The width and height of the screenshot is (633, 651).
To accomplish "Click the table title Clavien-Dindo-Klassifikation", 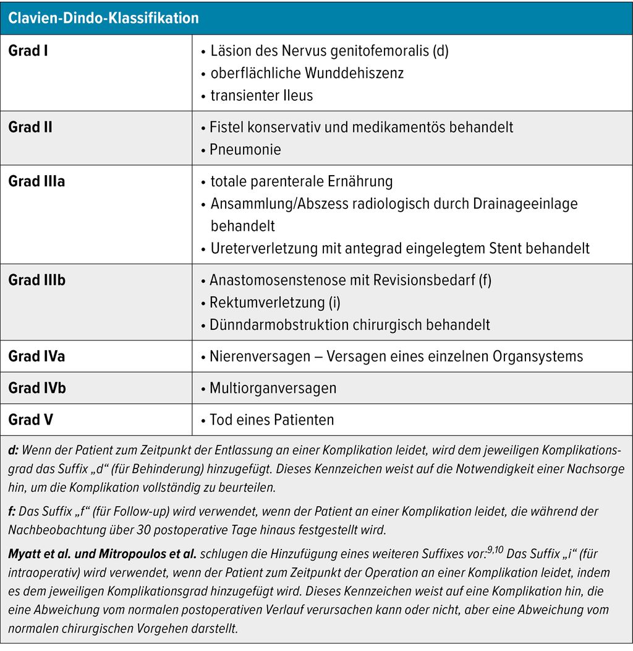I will tap(103, 18).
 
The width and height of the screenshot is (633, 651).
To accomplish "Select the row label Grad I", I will tap(28, 51).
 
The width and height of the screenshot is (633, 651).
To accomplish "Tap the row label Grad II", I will tap(30, 127).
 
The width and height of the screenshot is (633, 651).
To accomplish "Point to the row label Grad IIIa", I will tap(36, 182).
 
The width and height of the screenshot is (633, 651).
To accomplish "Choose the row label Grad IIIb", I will tap(36, 280).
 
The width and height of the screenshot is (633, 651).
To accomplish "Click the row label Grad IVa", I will tap(36, 356).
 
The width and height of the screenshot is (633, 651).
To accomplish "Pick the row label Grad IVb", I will tap(37, 388).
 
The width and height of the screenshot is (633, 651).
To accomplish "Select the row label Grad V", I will tap(30, 420).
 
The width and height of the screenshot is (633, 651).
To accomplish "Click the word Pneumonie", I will tap(245, 150).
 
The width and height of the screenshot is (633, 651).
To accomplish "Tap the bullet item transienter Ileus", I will tap(261, 95).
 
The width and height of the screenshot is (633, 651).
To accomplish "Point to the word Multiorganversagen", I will tap(273, 388).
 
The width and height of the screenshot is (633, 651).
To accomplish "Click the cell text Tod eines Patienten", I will tap(271, 420).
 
